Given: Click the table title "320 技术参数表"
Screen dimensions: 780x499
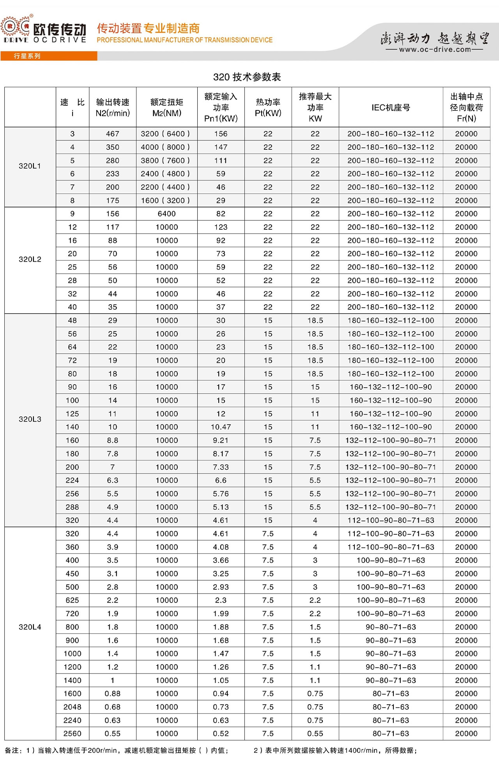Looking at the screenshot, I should point(247,77).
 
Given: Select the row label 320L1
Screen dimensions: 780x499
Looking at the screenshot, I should point(30,166).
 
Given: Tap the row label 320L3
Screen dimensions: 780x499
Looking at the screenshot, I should point(30,420).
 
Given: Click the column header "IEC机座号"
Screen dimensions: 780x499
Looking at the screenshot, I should point(391,108).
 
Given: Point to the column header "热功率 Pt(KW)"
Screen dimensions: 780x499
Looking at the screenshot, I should point(268,108).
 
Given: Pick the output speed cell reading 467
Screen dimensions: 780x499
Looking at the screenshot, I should point(112,134).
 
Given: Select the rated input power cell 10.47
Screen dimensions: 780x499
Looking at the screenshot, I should point(221,427).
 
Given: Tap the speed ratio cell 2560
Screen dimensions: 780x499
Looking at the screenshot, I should point(73,734).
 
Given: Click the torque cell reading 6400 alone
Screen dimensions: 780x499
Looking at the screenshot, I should point(166,214).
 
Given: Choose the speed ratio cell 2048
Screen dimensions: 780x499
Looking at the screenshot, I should point(73,707).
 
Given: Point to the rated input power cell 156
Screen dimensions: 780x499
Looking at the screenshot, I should point(221,134).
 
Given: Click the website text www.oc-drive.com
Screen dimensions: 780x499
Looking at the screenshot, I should point(435,50).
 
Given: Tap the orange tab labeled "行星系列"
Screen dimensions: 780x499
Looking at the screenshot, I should point(27,56).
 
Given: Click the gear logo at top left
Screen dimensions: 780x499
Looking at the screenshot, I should point(16,28).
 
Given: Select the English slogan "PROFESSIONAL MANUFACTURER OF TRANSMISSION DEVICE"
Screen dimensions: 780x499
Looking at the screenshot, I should point(184,40).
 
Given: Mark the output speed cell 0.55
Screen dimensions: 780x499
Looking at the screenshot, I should point(112,734).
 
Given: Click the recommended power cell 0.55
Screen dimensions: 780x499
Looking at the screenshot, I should point(315,734).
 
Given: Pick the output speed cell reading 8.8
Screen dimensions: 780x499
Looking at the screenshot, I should point(112,440).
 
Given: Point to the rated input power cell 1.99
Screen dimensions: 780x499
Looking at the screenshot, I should point(221,614).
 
